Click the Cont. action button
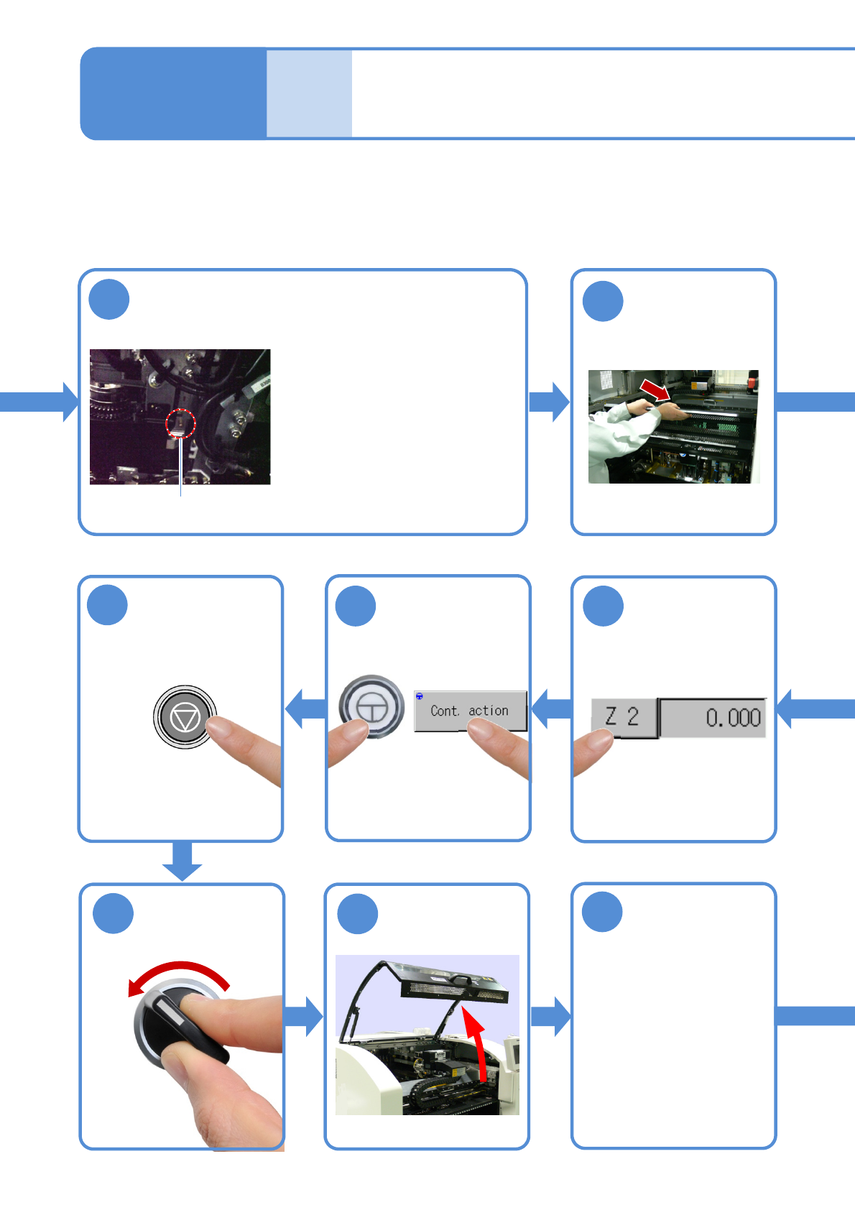471,711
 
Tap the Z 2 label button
623,717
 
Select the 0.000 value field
713,717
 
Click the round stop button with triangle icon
185,717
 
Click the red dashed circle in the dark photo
180,423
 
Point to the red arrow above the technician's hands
655,390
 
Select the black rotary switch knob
180,1024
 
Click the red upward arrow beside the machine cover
476,1042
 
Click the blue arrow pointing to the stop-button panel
305,709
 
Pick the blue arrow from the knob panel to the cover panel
304,1016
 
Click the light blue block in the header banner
309,93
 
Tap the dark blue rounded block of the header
173,93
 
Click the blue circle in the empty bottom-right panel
602,912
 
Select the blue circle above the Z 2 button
603,606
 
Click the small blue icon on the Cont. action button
420,696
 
